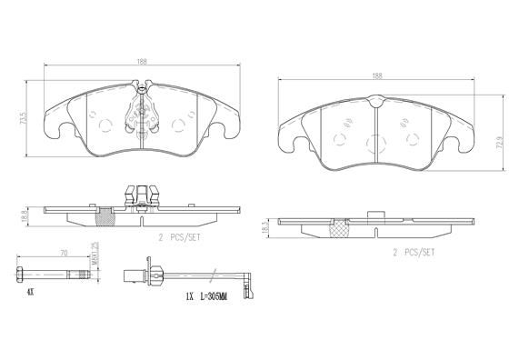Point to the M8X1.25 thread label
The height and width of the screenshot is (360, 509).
94,255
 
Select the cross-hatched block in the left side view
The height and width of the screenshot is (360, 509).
105,214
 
